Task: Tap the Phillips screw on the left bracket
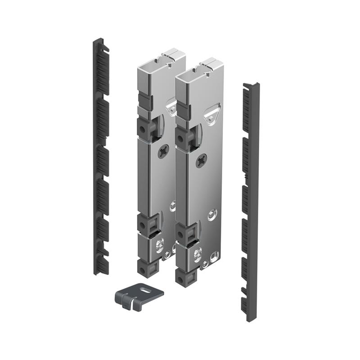click(162, 152)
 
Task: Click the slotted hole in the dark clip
click(146, 291)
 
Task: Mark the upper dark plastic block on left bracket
click(144, 128)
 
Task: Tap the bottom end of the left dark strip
click(100, 270)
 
